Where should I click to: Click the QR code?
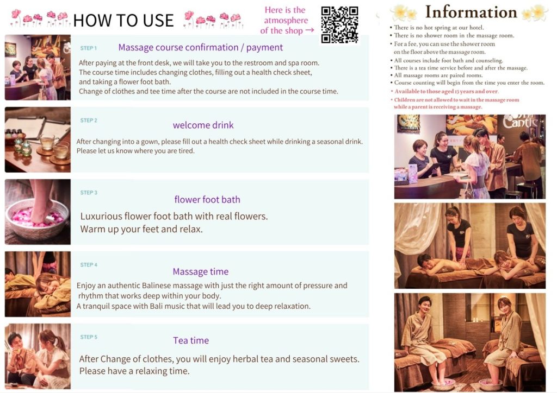pyautogui.click(x=339, y=24)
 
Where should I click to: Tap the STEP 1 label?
pyautogui.click(x=89, y=48)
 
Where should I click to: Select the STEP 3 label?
pyautogui.click(x=89, y=192)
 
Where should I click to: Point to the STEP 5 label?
pyautogui.click(x=89, y=337)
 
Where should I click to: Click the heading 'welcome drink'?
pyautogui.click(x=203, y=125)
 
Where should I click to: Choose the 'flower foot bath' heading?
pyautogui.click(x=207, y=200)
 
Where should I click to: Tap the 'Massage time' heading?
pyautogui.click(x=201, y=271)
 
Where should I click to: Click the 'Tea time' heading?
pyautogui.click(x=191, y=340)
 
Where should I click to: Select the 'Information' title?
pyautogui.click(x=471, y=12)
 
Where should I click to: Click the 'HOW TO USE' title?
pyautogui.click(x=123, y=20)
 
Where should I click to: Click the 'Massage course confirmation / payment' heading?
pyautogui.click(x=201, y=47)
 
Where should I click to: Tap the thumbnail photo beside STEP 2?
pyautogui.click(x=38, y=140)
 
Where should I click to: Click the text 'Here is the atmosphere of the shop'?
pyautogui.click(x=286, y=21)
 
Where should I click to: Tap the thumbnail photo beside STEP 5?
pyautogui.click(x=38, y=357)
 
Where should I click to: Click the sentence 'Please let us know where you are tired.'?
pyautogui.click(x=135, y=151)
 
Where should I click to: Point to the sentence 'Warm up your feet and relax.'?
pyautogui.click(x=141, y=229)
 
